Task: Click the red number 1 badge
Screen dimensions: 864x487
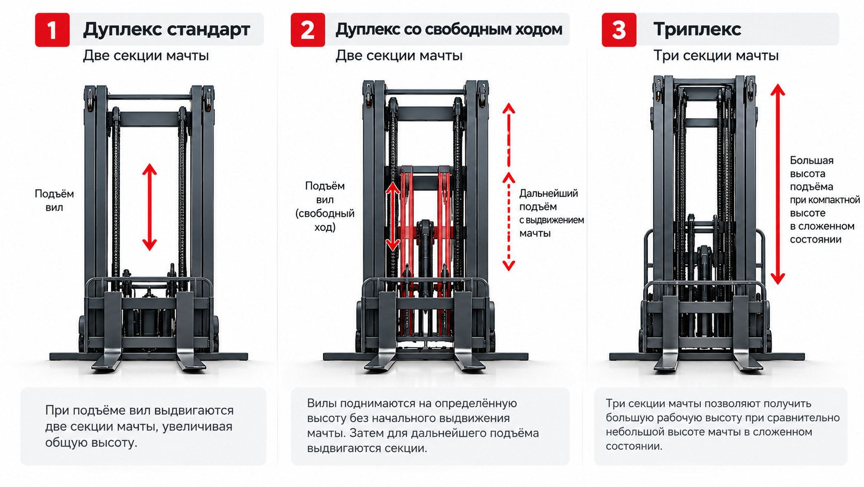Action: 52,29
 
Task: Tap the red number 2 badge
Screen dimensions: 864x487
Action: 308,29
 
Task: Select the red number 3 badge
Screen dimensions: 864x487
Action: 619,29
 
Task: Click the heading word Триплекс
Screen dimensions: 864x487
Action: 697,29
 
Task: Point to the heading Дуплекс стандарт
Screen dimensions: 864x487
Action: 166,29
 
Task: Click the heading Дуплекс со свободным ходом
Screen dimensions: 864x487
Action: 449,29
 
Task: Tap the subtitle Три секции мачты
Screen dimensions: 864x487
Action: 716,55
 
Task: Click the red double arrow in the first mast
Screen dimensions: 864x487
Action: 149,208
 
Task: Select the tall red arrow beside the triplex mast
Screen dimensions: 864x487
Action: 778,184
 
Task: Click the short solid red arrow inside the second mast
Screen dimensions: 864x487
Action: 393,216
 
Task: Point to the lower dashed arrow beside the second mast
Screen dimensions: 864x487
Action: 509,222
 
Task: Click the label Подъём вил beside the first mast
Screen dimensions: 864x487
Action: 54,200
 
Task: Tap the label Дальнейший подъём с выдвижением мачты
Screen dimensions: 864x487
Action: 551,213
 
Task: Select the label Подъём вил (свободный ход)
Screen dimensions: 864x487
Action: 325,206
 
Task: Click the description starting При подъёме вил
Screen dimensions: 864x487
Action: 139,426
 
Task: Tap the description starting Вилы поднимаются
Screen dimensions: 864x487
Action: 423,425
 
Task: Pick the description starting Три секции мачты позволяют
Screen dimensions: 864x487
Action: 722,424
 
